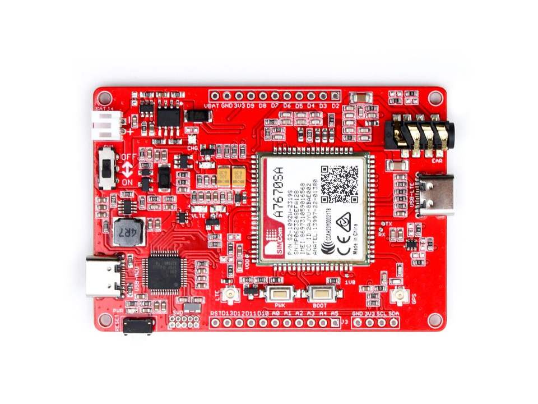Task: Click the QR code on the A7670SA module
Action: point(339,184)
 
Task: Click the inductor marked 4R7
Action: point(129,232)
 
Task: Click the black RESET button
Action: point(138,325)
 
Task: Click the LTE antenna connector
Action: point(230,294)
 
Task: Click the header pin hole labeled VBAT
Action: point(214,96)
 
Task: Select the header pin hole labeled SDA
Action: point(394,323)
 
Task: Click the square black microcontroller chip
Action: point(162,273)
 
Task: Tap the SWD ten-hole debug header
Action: point(184,322)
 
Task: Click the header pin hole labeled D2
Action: point(336,96)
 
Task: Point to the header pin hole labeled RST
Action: point(214,323)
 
